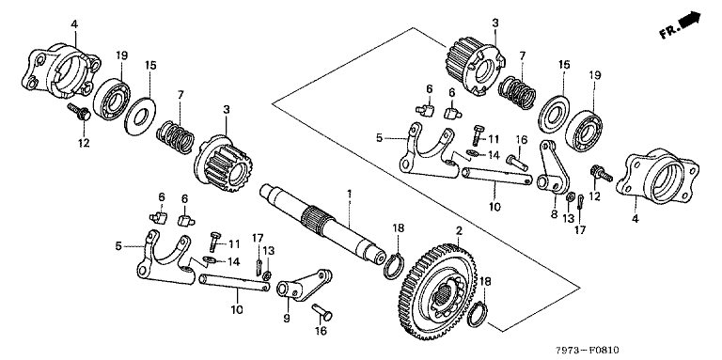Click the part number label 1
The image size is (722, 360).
349,194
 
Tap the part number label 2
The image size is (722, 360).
459,230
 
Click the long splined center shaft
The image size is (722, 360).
322,222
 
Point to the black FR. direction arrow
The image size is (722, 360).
692,21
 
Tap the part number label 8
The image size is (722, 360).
554,213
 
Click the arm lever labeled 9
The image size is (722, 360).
304,286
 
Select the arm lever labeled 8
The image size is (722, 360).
550,166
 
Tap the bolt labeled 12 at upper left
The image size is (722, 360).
80,113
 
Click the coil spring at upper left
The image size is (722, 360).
176,136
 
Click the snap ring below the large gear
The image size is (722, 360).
477,313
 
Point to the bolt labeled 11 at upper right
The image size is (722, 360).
476,135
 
